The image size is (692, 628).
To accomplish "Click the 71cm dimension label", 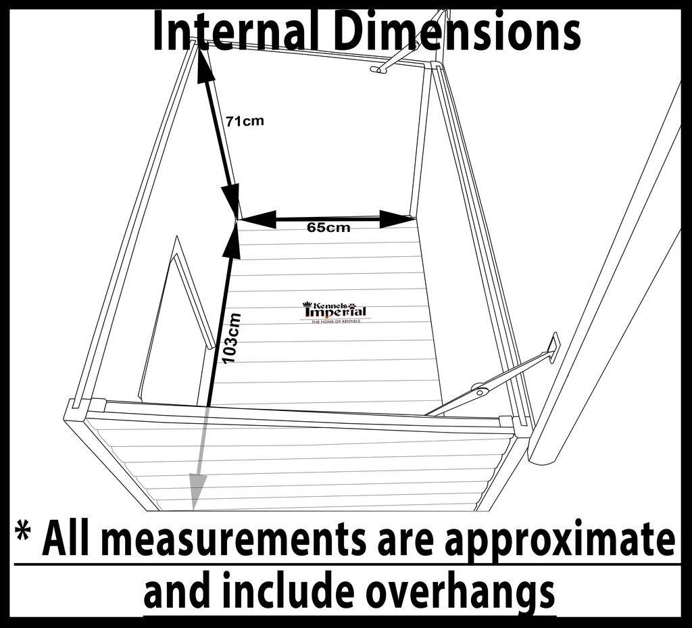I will click(x=245, y=122).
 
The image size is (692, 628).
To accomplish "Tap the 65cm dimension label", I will click(x=328, y=228).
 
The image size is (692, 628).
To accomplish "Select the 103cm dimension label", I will click(x=232, y=338).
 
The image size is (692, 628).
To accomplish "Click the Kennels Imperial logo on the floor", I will click(x=335, y=312).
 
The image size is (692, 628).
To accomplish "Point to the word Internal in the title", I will click(x=232, y=32).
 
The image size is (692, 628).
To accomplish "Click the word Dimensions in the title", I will click(x=457, y=32).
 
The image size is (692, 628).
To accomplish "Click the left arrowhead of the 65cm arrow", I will click(x=257, y=219).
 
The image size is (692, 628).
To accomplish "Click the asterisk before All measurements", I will click(x=25, y=536).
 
